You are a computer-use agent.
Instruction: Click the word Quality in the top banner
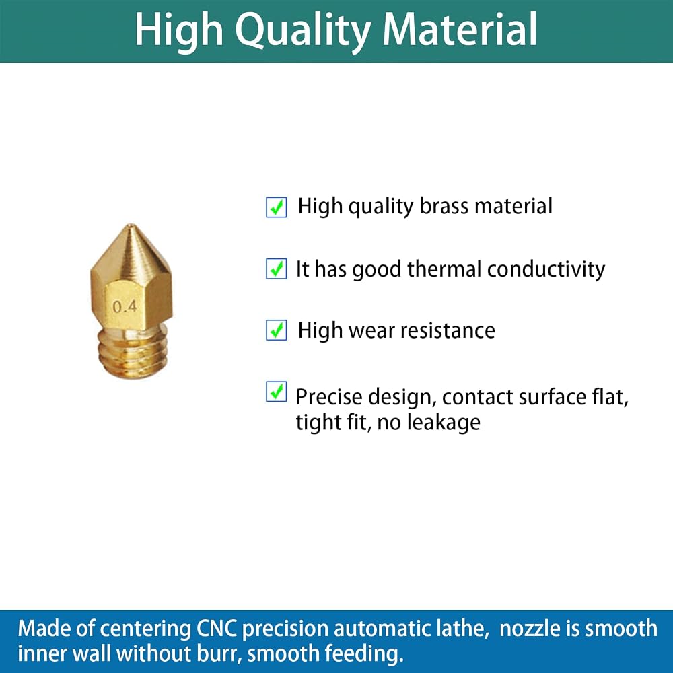tap(303, 30)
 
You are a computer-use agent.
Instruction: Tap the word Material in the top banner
tap(460, 28)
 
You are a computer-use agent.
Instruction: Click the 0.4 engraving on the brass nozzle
tap(125, 306)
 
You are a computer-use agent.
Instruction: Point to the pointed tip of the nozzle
tap(131, 225)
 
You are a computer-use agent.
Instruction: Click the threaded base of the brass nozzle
tap(133, 351)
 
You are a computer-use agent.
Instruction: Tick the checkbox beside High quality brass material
tap(277, 207)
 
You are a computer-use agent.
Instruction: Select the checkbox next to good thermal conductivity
tap(277, 269)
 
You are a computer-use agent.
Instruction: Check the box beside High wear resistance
tap(277, 330)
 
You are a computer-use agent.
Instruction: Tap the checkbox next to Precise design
tap(277, 392)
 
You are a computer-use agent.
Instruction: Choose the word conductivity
tap(546, 270)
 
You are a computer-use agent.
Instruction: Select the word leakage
tap(444, 423)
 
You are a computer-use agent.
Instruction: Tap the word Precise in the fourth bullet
tap(329, 396)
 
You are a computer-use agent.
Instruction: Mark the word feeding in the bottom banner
tap(364, 654)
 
